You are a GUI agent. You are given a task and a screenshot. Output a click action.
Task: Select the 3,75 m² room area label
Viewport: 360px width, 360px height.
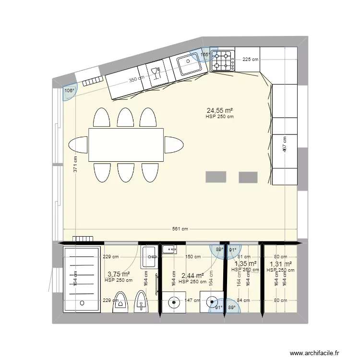[x=119, y=274]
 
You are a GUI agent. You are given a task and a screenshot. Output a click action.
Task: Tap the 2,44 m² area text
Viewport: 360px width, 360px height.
[x=192, y=276]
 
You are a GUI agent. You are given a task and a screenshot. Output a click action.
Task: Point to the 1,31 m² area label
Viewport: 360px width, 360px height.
[x=280, y=264]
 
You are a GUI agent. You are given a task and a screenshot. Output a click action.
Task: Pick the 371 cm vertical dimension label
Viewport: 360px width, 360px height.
[x=75, y=165]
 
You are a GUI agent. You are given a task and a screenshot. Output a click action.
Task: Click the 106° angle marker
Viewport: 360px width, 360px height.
[x=70, y=90]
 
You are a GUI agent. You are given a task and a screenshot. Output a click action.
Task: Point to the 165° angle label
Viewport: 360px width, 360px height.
[x=204, y=55]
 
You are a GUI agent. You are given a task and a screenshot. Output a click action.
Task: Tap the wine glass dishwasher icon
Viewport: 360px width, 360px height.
[x=155, y=72]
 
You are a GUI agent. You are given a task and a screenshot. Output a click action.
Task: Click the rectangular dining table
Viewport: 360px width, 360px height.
[x=126, y=144]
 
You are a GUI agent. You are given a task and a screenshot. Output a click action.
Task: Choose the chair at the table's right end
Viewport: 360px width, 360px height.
[x=174, y=144]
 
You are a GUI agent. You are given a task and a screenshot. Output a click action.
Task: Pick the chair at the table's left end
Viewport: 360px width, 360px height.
[x=78, y=144]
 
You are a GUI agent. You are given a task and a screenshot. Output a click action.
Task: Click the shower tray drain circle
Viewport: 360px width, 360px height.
[x=82, y=303]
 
